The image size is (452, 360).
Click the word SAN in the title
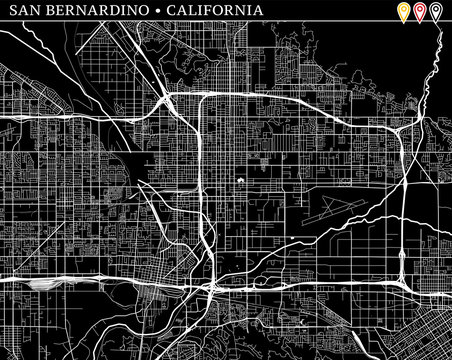(21, 13)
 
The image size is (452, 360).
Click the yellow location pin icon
(403, 13)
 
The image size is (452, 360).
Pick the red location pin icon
(420, 13)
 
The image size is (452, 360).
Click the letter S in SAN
(10, 13)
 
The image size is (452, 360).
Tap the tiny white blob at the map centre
(241, 181)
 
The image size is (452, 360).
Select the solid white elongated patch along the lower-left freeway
(46, 283)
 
